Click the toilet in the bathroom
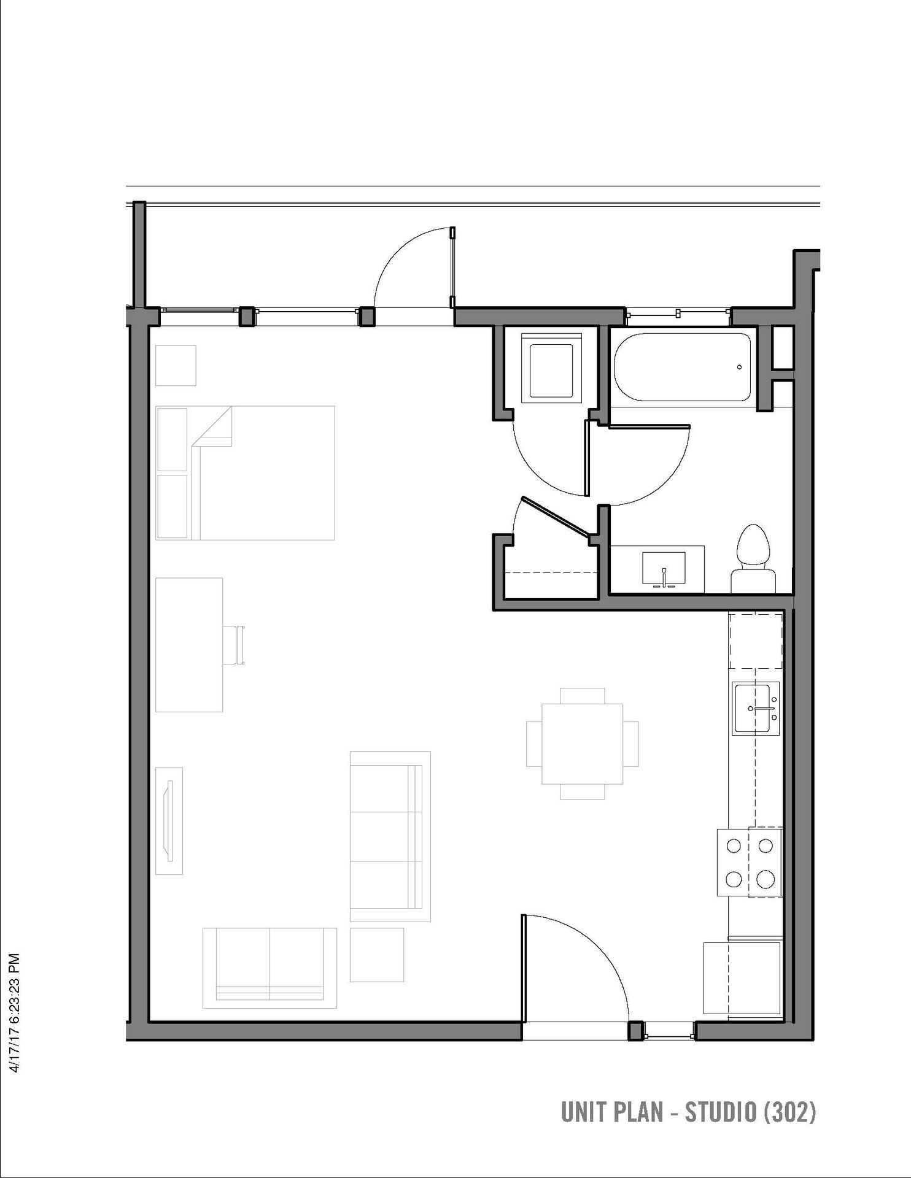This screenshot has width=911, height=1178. pyautogui.click(x=754, y=559)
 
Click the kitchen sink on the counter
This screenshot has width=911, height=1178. pyautogui.click(x=756, y=708)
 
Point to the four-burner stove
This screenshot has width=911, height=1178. pyautogui.click(x=750, y=861)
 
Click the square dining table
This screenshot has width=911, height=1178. pyautogui.click(x=582, y=744)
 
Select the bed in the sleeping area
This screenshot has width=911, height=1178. pyautogui.click(x=246, y=472)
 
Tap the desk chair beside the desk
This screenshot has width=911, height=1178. pyautogui.click(x=234, y=645)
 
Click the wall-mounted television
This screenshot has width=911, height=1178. pyautogui.click(x=169, y=821)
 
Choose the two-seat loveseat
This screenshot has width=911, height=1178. pyautogui.click(x=270, y=969)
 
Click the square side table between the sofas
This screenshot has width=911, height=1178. pyautogui.click(x=377, y=955)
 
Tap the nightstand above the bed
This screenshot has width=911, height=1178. pyautogui.click(x=176, y=365)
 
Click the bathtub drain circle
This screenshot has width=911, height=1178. pyautogui.click(x=740, y=368)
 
